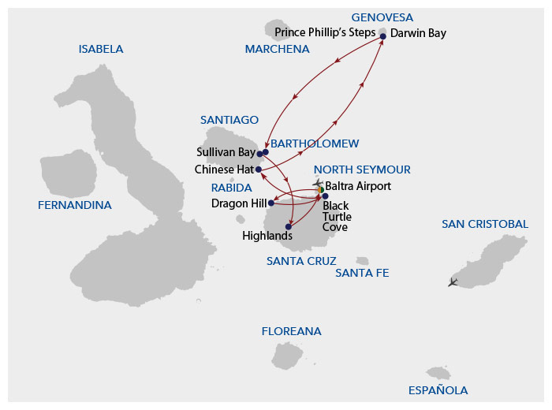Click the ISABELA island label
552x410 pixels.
click(101, 49)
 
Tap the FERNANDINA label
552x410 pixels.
click(74, 205)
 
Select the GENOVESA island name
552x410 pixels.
click(382, 17)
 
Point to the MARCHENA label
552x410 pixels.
click(277, 49)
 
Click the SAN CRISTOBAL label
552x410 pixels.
click(484, 224)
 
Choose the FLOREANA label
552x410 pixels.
click(291, 331)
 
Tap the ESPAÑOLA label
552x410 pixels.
click(438, 390)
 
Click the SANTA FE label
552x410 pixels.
click(362, 273)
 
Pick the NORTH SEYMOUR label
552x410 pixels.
click(362, 170)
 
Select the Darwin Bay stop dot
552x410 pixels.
click(383, 36)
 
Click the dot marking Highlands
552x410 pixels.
click(289, 227)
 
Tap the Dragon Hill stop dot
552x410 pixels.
click(270, 203)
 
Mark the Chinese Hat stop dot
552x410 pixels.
click(259, 170)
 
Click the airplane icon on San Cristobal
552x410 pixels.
click(453, 281)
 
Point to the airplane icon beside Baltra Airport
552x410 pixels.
click(317, 183)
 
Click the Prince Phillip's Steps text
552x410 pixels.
click(326, 33)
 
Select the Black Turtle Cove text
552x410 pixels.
click(337, 216)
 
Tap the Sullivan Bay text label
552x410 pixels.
click(224, 151)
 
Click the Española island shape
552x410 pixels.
click(438, 372)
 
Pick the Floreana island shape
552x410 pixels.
click(288, 355)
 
